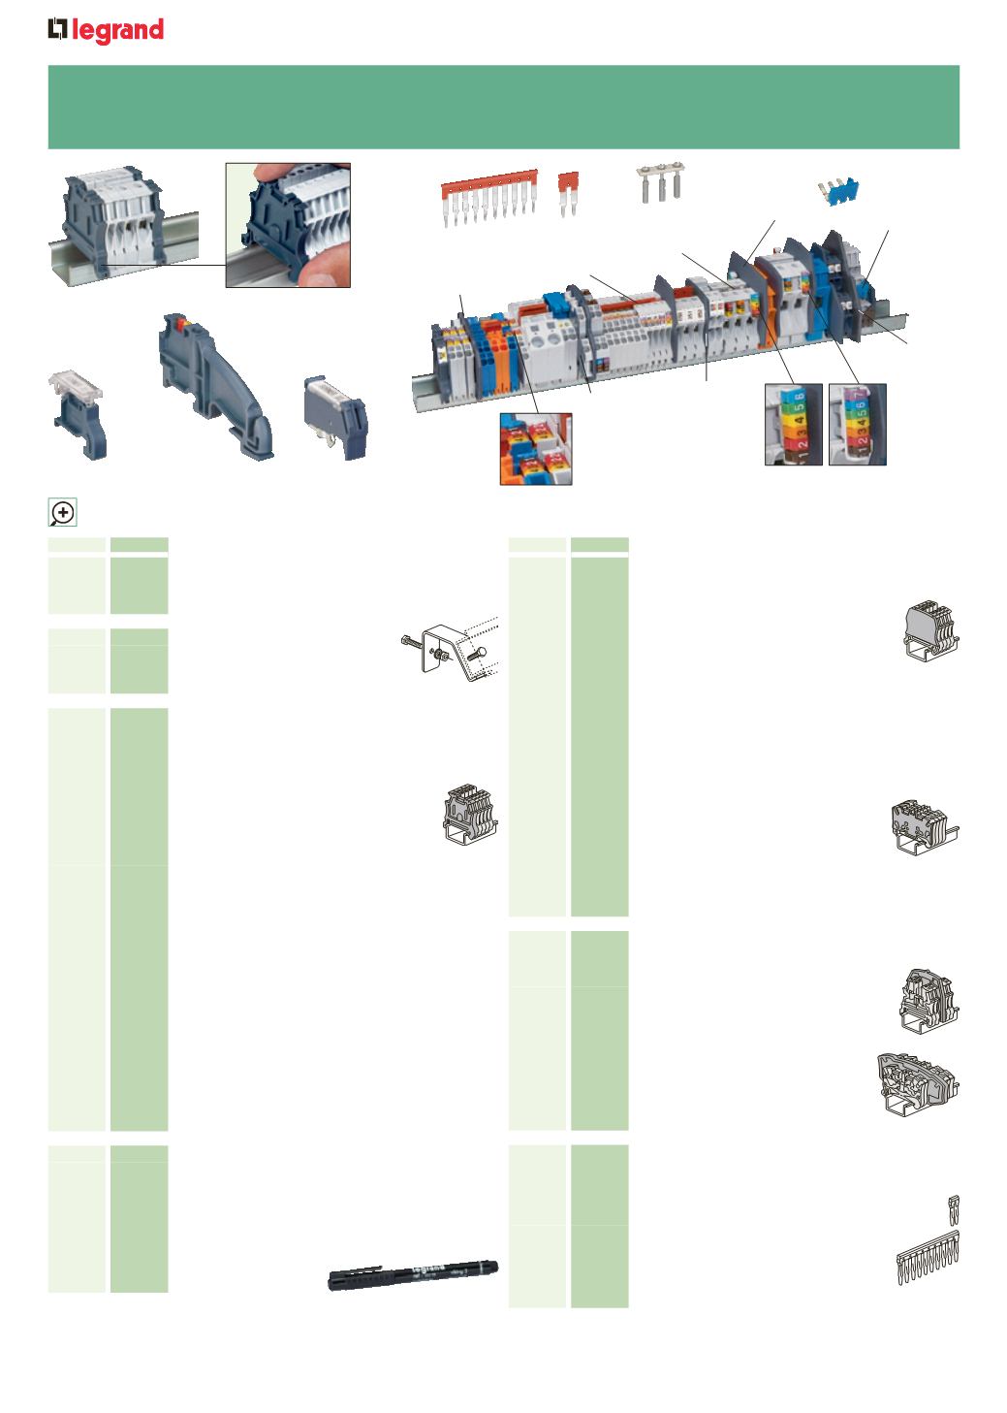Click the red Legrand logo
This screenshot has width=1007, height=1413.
(106, 32)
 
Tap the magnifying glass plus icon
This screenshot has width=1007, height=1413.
(63, 512)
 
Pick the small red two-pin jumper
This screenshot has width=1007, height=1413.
(567, 192)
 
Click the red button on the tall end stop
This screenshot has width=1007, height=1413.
(176, 319)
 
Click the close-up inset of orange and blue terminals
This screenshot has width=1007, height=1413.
(535, 448)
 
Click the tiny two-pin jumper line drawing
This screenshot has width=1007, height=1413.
(953, 1208)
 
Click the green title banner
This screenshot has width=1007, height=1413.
(503, 107)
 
